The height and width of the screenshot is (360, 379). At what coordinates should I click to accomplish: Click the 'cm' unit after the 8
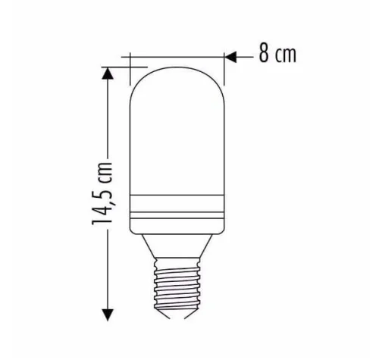(285, 56)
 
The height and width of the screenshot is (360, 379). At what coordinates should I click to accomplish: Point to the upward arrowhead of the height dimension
(109, 72)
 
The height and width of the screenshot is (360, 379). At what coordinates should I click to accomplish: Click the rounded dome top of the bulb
(179, 80)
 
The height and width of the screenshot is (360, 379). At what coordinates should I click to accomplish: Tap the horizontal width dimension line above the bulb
(178, 55)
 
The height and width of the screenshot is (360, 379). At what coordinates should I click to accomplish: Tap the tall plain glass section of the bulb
(179, 144)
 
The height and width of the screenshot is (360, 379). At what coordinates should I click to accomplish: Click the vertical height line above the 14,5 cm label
(109, 114)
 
